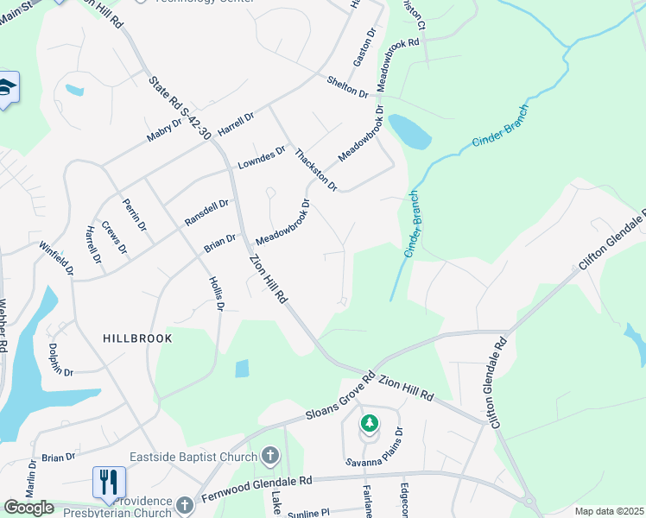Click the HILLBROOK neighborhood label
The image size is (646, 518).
pos(137,338)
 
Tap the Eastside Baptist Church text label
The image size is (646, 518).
pos(194,457)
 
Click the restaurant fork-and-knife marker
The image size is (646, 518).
pos(109,482)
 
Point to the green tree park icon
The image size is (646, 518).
pos(370,423)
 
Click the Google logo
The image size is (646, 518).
pos(28,508)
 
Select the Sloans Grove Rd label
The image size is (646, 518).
pos(340,398)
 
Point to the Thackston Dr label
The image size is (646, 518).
pos(314,169)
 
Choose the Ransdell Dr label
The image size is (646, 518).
pos(206,213)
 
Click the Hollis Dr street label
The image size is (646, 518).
pos(217,294)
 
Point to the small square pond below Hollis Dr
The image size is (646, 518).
pos(242,368)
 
